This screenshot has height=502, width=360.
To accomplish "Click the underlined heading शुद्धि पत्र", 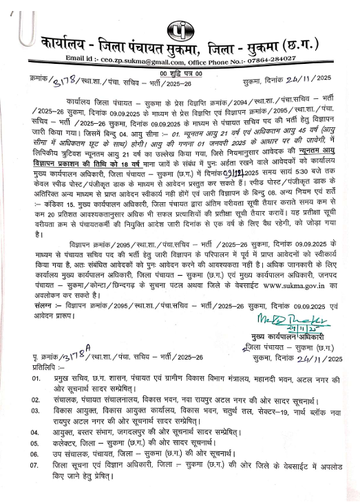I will coord(181,73).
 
